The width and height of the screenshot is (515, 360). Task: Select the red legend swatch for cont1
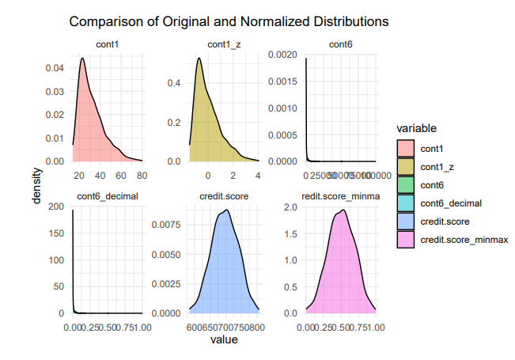point(406,148)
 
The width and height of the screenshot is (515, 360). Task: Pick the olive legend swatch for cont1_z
point(406,166)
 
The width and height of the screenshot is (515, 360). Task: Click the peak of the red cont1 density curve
point(82,58)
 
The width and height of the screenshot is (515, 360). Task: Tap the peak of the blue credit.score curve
point(227,210)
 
